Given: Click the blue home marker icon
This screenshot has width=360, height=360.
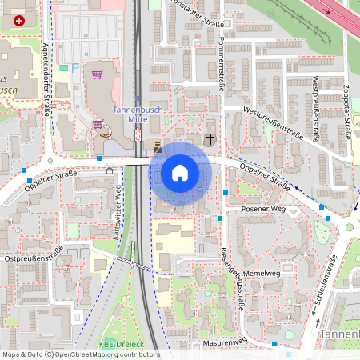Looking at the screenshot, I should [x=180, y=173].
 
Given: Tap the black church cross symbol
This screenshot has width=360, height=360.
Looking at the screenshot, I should [x=210, y=139].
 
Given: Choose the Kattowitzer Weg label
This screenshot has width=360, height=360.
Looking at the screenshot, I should [x=118, y=203].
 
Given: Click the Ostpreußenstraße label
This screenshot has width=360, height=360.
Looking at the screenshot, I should [x=34, y=258].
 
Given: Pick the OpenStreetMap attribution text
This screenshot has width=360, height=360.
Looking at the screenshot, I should [x=80, y=354].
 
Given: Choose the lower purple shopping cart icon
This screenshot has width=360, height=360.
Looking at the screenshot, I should [x=97, y=124].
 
